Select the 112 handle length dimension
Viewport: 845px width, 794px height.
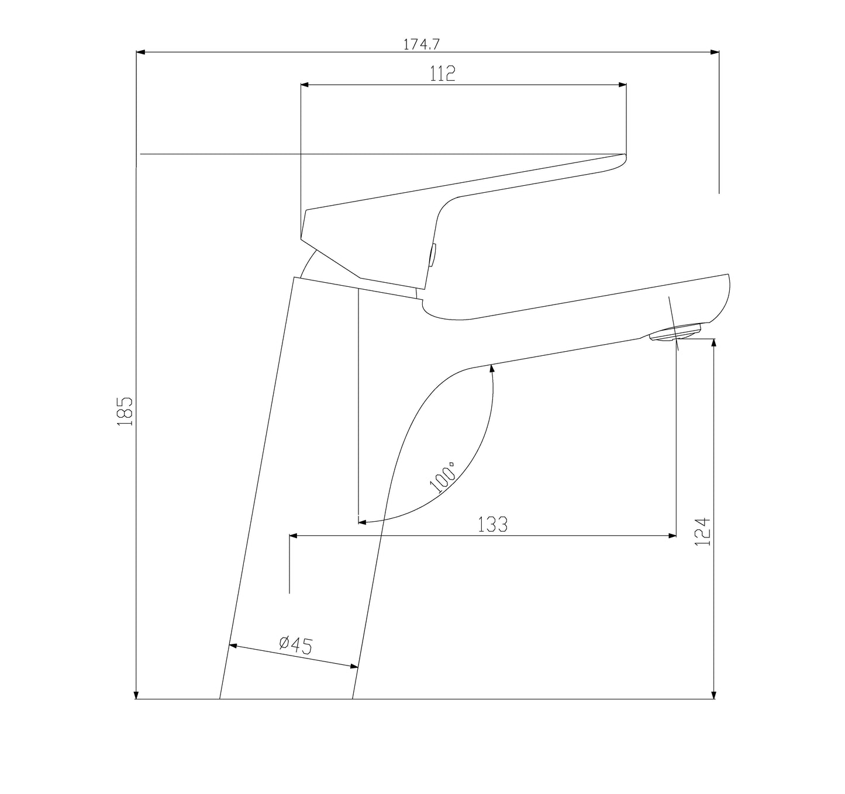coord(443,74)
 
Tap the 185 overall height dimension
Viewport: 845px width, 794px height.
coord(126,411)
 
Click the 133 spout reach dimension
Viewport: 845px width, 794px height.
coord(493,525)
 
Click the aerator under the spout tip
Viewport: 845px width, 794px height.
coord(674,334)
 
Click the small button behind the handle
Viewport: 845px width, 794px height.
coord(433,256)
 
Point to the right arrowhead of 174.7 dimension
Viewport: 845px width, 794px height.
coord(715,53)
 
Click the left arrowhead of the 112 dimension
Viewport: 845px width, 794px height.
coord(305,85)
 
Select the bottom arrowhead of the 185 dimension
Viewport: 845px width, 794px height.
coord(136,695)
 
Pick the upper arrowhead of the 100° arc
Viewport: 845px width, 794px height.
coord(492,368)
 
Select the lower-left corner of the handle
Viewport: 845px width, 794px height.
coord(302,238)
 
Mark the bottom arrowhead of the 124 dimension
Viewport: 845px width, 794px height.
coord(713,695)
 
